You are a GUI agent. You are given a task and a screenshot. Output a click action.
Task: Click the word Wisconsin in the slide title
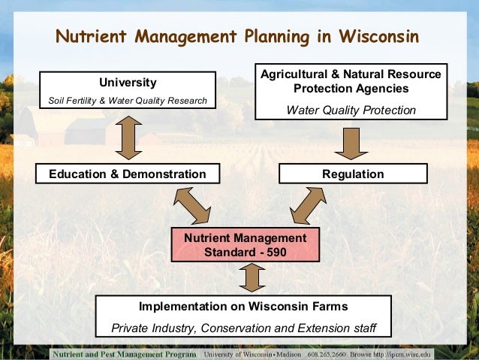coord(377,36)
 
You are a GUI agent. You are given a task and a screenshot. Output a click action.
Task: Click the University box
coord(127,90)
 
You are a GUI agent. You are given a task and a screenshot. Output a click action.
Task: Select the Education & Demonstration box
coord(127,174)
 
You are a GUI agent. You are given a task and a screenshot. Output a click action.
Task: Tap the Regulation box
coord(352,174)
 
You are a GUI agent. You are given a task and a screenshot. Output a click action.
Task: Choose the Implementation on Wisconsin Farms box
coord(243,316)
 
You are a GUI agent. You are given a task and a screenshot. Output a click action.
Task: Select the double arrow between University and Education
coord(128,135)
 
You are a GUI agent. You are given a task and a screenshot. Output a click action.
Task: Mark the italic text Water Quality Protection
coord(351,110)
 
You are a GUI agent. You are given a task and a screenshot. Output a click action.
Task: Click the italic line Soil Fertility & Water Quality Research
coord(127,100)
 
